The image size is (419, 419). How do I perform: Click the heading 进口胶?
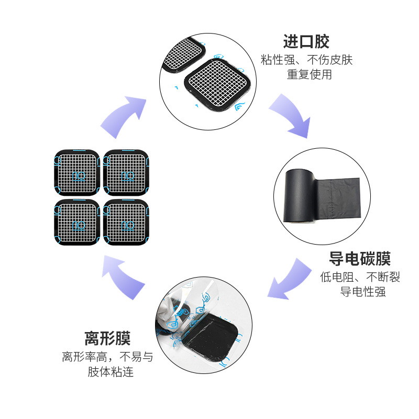click(x=306, y=41)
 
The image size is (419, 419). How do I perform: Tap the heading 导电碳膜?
click(x=360, y=258)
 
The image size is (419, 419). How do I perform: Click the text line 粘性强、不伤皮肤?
click(x=307, y=60)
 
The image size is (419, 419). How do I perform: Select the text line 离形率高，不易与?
click(x=107, y=358)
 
